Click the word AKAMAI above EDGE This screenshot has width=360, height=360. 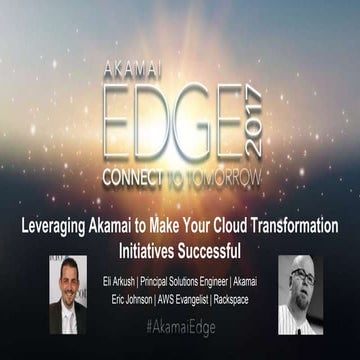pyautogui.click(x=137, y=71)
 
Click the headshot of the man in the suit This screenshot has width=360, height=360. pyautogui.click(x=68, y=293)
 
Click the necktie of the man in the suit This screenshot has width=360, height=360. pyautogui.click(x=69, y=318)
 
